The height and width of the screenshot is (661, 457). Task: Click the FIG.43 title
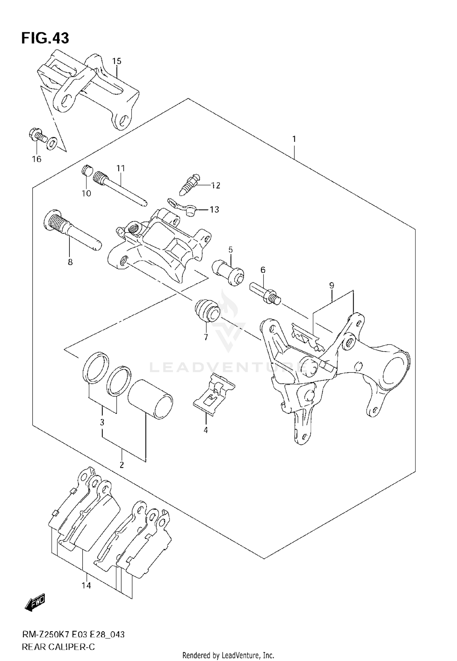pos(45,39)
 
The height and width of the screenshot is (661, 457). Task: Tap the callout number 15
pos(116,61)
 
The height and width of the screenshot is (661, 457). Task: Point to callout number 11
pos(121,168)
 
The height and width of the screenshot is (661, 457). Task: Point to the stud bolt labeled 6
pos(265,293)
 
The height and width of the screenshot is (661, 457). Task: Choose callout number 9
pos(331,285)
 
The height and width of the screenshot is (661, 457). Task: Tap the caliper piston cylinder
pos(150,399)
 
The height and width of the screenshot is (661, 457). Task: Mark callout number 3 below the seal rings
pos(102,422)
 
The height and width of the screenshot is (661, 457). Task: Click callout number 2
pos(122,465)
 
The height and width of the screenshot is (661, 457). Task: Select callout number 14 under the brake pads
pos(87,585)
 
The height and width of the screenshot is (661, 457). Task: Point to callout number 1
pos(294,139)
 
